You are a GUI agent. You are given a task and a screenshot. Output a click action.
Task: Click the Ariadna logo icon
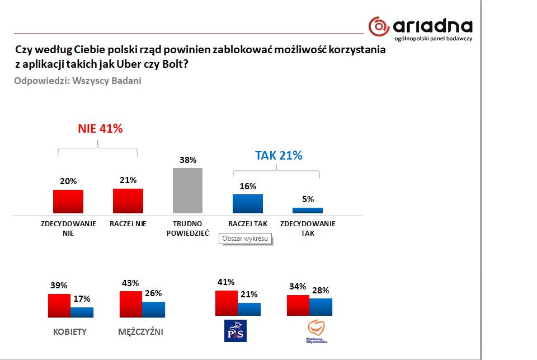[x=379, y=26]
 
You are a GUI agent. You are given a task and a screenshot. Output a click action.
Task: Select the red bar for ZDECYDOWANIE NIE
[x=68, y=202]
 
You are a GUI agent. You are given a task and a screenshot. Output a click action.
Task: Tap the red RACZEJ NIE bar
[x=128, y=200]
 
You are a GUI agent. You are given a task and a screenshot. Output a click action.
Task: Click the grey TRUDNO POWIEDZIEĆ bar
[x=188, y=190]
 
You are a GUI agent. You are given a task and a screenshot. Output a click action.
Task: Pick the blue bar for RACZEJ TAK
[x=248, y=203]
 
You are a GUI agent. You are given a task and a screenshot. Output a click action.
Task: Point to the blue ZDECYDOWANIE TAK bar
[x=308, y=211]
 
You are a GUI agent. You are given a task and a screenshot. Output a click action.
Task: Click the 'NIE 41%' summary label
[x=100, y=128]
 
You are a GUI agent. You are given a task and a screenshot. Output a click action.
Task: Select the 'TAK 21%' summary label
[x=279, y=155]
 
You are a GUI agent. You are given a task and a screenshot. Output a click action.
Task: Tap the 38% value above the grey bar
[x=188, y=160]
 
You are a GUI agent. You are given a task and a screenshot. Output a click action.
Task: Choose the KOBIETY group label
[x=70, y=331]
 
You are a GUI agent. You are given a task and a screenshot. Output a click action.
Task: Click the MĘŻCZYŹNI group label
[x=141, y=331]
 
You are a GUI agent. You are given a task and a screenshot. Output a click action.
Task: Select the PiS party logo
[x=235, y=331]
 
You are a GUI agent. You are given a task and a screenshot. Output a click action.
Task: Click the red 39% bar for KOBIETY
[x=59, y=306]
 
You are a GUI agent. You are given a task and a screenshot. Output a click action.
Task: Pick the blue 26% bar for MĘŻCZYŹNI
[x=153, y=310]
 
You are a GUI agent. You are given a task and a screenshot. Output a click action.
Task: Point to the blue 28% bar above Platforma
[x=321, y=307]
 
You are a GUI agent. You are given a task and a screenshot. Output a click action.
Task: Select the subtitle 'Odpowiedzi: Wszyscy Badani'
[x=78, y=81]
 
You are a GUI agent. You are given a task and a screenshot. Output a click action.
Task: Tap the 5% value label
[x=308, y=199]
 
